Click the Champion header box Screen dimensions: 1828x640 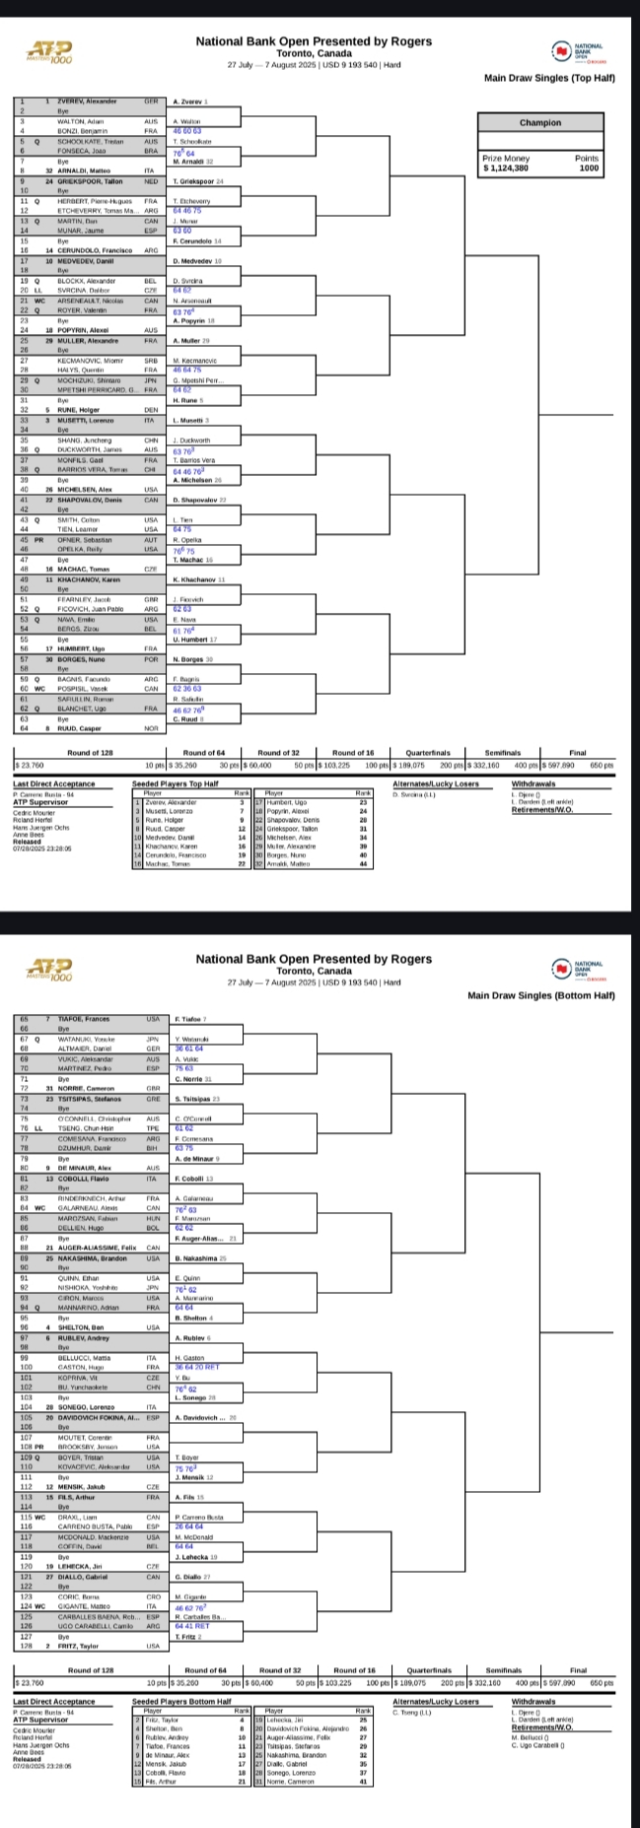tap(539, 123)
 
